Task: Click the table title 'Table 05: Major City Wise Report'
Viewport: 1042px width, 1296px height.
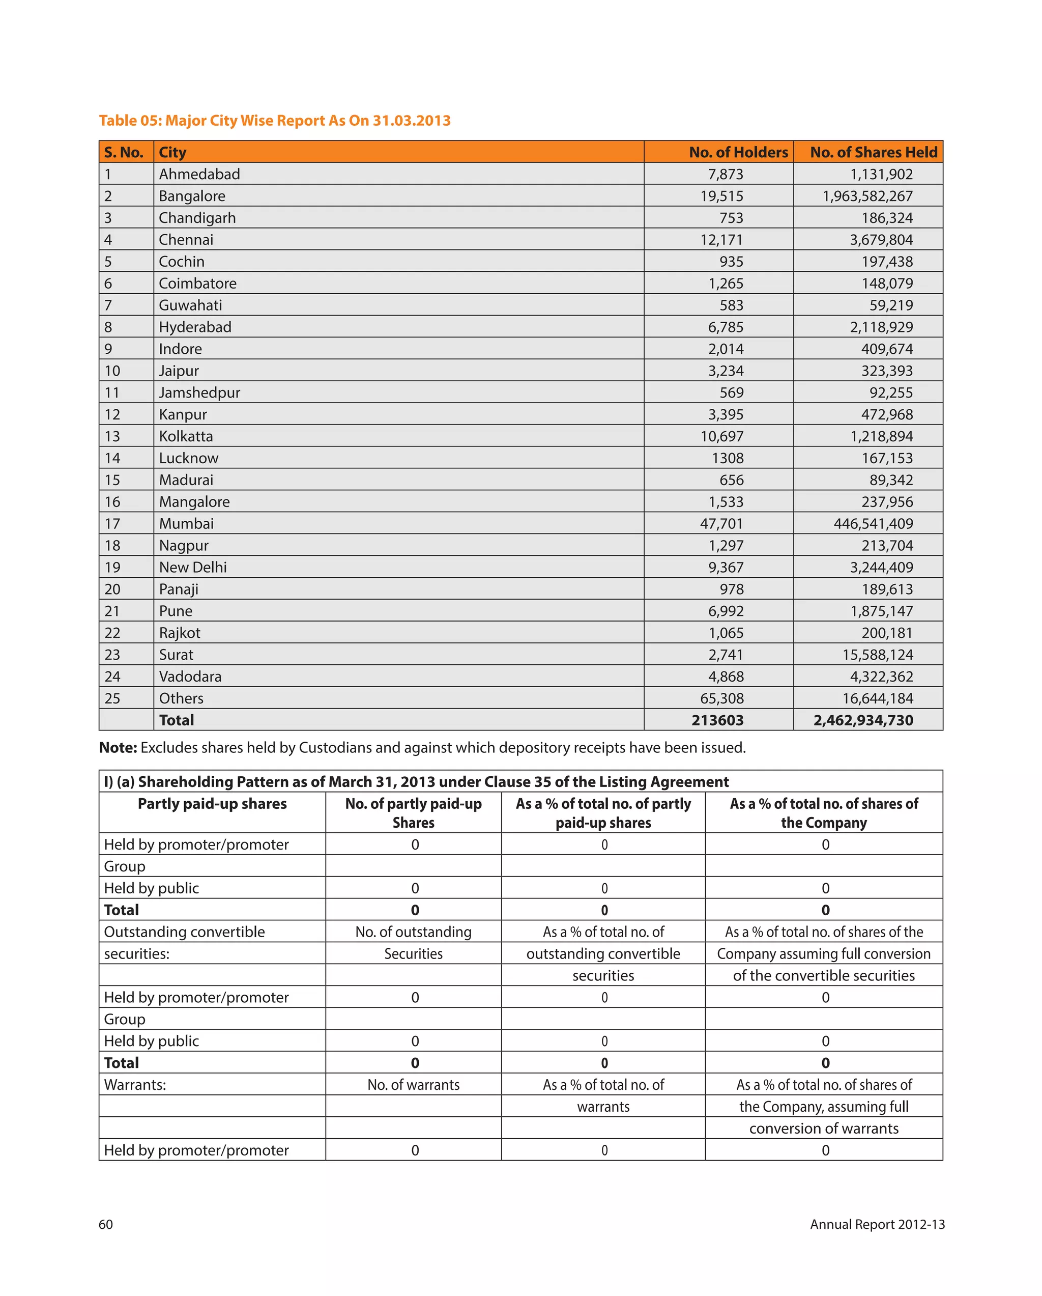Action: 275,121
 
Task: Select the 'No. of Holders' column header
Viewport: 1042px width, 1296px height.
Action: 738,152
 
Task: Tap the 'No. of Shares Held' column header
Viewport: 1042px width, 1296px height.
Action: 873,152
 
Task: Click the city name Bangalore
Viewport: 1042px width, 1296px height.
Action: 192,196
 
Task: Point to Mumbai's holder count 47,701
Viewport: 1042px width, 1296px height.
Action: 721,524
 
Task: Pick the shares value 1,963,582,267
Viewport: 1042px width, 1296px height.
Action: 867,196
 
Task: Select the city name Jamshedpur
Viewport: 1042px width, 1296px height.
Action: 199,392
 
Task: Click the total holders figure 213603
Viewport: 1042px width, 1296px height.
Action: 717,720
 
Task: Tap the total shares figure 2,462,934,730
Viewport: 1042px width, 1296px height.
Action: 863,720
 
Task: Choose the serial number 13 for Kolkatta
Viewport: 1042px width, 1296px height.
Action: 112,436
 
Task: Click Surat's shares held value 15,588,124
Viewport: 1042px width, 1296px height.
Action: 877,655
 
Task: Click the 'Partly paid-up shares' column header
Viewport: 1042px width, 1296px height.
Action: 212,804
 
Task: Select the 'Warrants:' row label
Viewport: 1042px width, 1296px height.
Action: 135,1085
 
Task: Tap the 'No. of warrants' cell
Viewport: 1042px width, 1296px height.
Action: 414,1085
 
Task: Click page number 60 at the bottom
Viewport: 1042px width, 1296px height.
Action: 106,1224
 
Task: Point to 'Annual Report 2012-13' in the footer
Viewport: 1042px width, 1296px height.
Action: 877,1224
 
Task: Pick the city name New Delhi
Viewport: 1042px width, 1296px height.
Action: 193,568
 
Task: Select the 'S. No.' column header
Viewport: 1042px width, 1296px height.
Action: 124,152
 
